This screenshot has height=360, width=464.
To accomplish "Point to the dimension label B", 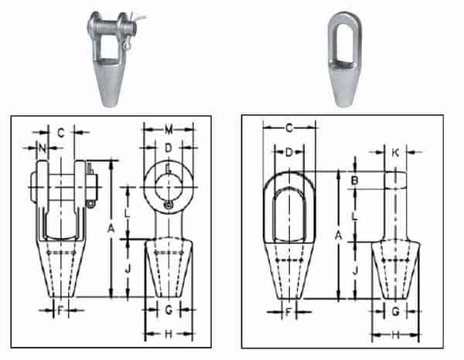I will coord(354,181).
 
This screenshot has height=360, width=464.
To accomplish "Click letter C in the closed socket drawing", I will coord(288,128).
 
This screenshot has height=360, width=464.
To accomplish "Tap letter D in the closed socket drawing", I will coord(288,153).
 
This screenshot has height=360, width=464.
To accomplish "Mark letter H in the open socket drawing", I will coord(169,334).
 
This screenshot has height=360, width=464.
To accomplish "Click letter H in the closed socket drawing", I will coord(396,335).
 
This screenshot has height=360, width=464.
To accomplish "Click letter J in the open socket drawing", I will coord(128,268).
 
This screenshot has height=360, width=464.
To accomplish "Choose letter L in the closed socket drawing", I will coord(354,217).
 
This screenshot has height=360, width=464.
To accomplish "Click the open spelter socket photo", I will coord(113,58).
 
